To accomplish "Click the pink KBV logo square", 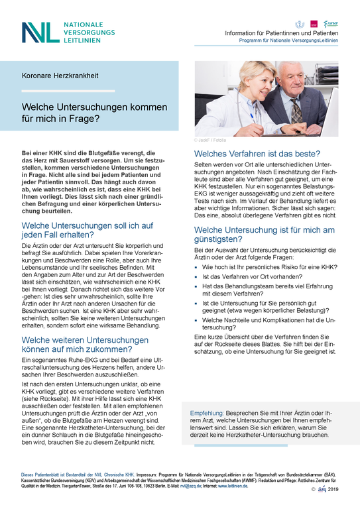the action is (314, 24).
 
